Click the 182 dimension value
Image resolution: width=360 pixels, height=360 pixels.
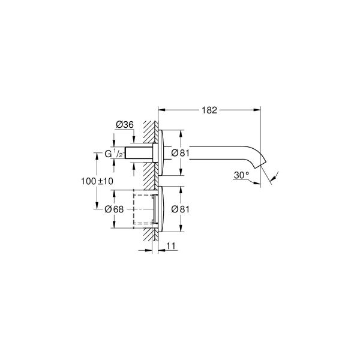pos(209,110)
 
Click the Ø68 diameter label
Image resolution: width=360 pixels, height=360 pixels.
pos(113,209)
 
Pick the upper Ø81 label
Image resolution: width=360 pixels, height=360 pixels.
pos(180,153)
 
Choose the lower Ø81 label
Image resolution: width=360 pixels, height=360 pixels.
pos(180,209)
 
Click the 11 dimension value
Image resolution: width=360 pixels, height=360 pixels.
pos(170,246)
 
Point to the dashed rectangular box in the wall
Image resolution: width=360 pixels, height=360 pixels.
pos(143,208)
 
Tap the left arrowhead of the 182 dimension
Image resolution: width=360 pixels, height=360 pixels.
pos(161,110)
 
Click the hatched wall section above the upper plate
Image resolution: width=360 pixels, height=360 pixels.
pos(149,128)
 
